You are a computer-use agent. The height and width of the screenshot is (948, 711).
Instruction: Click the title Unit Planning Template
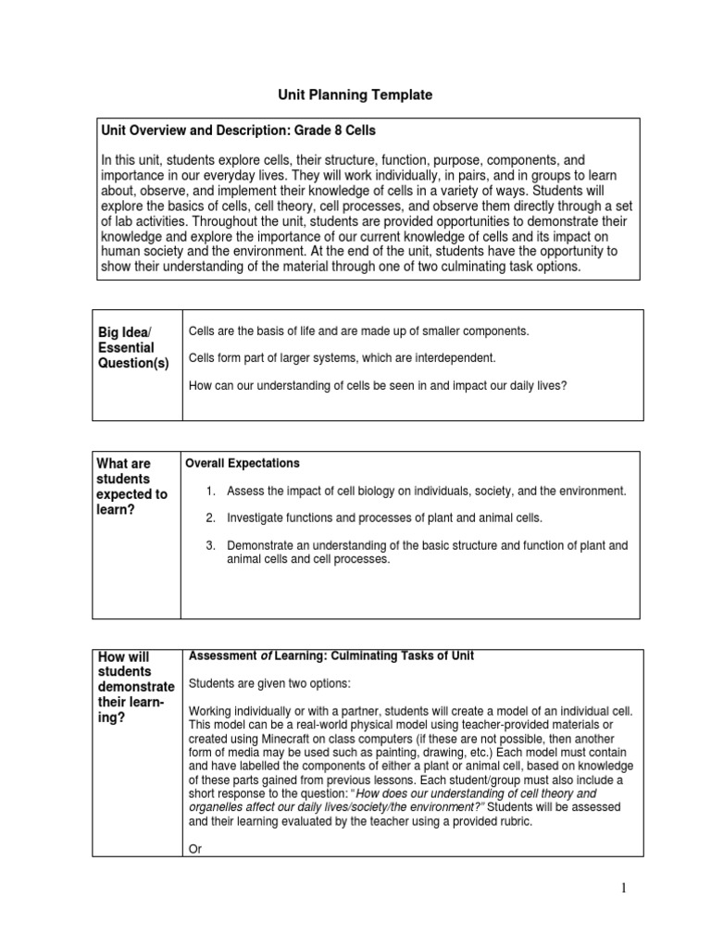pyautogui.click(x=356, y=94)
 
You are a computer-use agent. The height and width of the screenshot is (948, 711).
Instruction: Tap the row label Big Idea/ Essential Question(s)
pyautogui.click(x=134, y=347)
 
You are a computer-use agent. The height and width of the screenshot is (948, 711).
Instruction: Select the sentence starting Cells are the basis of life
pyautogui.click(x=358, y=331)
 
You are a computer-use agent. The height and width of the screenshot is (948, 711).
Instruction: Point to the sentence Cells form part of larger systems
pyautogui.click(x=343, y=357)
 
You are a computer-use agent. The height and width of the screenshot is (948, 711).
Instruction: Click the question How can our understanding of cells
pyautogui.click(x=377, y=384)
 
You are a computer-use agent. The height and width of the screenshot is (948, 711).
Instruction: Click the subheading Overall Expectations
pyautogui.click(x=243, y=463)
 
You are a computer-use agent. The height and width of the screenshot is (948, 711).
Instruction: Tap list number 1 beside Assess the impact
pyautogui.click(x=211, y=490)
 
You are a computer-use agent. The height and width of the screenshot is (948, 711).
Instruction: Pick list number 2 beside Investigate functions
pyautogui.click(x=211, y=518)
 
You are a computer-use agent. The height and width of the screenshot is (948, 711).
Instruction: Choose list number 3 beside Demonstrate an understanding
pyautogui.click(x=211, y=545)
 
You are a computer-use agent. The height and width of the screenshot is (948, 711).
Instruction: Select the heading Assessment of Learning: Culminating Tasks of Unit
pyautogui.click(x=331, y=655)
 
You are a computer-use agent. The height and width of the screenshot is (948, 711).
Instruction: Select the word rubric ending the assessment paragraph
pyautogui.click(x=513, y=821)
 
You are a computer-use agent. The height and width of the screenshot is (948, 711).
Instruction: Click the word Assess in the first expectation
pyautogui.click(x=244, y=490)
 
